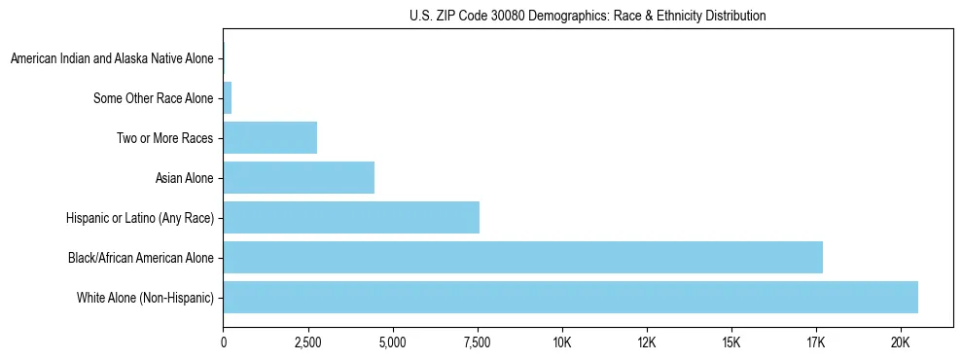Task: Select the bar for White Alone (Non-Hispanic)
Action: click(570, 297)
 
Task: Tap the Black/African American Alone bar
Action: click(522, 257)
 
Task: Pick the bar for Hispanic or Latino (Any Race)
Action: click(351, 217)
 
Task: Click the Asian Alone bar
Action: click(299, 177)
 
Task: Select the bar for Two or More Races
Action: click(270, 137)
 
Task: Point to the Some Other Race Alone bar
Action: click(228, 97)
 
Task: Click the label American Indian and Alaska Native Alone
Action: click(112, 58)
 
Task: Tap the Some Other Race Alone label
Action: click(154, 98)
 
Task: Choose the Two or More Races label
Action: click(165, 138)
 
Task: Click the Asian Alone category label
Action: click(185, 178)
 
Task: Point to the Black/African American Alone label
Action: click(141, 258)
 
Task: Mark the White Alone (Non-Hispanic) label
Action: click(146, 298)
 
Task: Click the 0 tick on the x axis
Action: click(224, 342)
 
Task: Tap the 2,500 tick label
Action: click(308, 342)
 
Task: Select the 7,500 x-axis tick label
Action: click(478, 342)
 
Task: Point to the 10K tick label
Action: click(562, 342)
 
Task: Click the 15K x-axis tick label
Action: click(731, 342)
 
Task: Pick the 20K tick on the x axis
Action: click(901, 342)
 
